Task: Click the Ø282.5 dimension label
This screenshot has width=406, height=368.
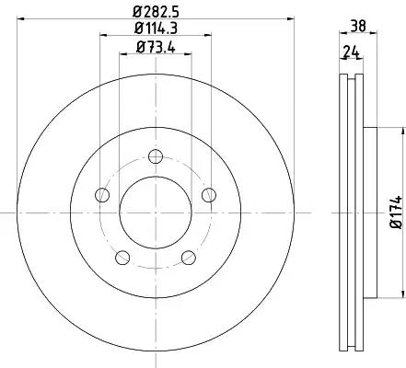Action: (156, 12)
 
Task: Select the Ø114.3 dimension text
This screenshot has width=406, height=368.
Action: (157, 29)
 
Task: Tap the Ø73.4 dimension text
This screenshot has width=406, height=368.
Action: (156, 48)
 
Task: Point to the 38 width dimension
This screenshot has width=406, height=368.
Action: (358, 26)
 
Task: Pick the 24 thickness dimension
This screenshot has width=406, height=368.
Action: (352, 52)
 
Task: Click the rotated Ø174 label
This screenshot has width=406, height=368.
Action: (396, 213)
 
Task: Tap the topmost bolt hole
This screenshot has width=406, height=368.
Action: (156, 156)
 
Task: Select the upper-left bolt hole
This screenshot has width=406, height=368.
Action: (102, 195)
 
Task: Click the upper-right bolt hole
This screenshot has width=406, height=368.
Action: (209, 195)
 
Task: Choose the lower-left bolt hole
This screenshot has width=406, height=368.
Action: (122, 258)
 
